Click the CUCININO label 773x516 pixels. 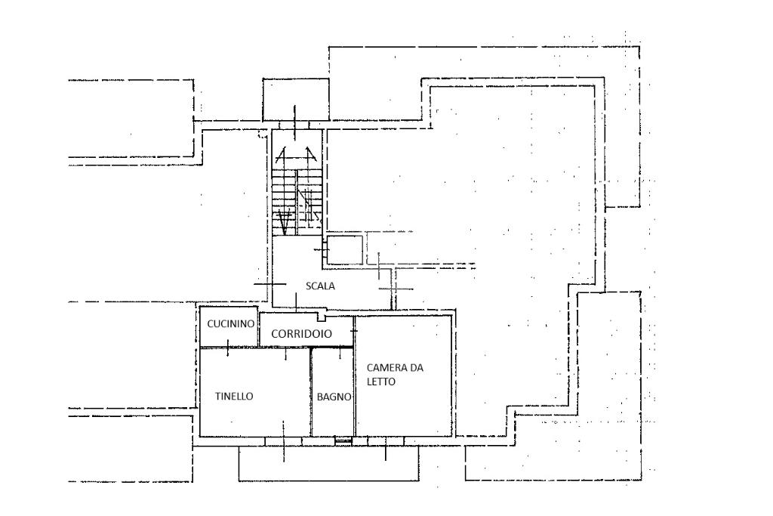coord(229,323)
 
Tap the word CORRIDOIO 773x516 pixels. coord(301,332)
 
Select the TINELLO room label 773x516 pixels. coord(234,396)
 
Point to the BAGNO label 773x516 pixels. coord(333,397)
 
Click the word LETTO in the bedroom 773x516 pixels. coord(381,382)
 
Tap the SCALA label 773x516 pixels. coord(320,286)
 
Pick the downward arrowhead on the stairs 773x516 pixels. coord(285,224)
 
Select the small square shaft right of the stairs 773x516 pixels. coord(345,250)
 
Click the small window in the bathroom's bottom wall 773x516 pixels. coord(343,439)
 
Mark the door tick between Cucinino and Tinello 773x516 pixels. coord(227,348)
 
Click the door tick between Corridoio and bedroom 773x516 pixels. coord(354,329)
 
